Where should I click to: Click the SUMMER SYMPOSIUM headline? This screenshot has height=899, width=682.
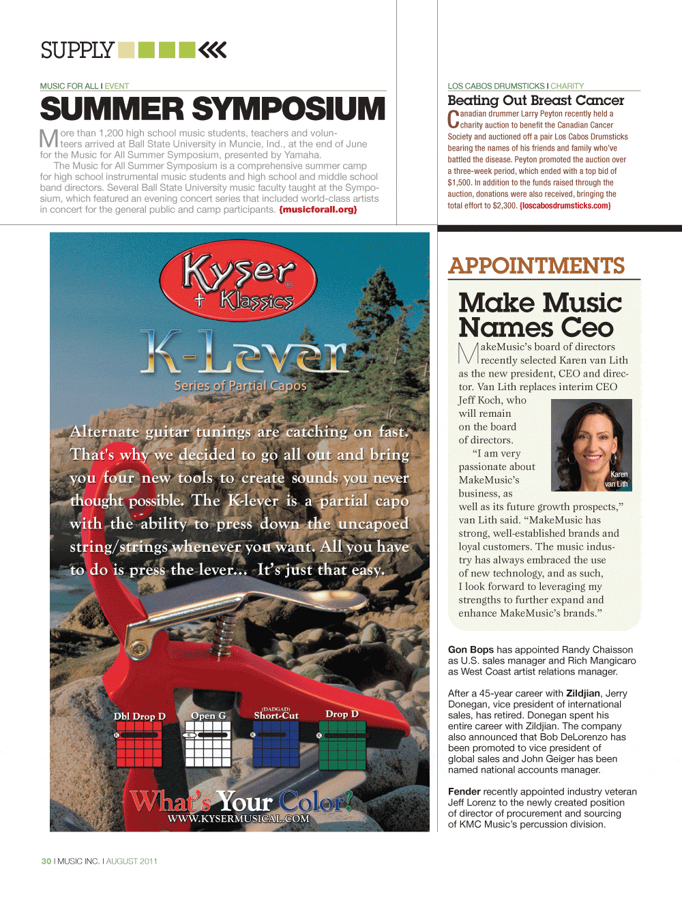point(213,109)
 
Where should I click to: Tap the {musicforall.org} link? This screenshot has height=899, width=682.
point(318,209)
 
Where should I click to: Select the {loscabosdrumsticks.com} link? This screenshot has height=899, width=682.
point(565,205)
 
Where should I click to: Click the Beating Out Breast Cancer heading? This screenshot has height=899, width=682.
point(535,100)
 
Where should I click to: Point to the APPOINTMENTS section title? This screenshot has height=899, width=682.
point(536,265)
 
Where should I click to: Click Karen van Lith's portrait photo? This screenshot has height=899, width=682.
point(591,445)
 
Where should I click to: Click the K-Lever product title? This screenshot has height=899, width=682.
point(243,352)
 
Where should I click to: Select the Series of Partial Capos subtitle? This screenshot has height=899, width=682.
point(240,385)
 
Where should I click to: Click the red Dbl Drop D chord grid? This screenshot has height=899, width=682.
point(138,744)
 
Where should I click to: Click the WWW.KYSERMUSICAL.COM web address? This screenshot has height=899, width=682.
point(238,819)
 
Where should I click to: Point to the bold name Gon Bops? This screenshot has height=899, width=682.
point(471,649)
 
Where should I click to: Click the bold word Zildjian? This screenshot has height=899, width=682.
point(583,693)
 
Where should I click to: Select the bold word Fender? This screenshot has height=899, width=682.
point(464,791)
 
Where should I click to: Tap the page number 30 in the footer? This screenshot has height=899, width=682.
point(46,861)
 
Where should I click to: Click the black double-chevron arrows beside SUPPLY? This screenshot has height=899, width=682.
point(213,50)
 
